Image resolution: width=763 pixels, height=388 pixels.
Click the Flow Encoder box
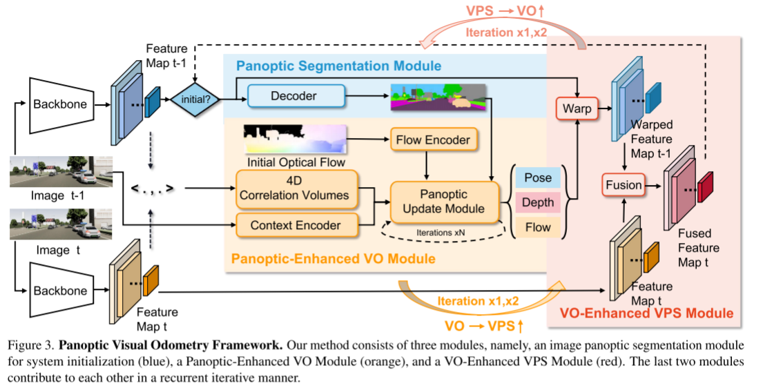tap(433, 139)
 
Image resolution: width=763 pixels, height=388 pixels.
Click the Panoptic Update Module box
tap(444, 202)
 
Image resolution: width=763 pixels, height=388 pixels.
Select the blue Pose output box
tap(537, 177)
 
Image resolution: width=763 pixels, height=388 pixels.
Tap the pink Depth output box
tap(537, 202)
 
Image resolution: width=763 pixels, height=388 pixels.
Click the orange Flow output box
tap(537, 227)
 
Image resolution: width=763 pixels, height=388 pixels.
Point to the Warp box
tap(575, 108)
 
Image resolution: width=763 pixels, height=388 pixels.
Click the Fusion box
tap(624, 185)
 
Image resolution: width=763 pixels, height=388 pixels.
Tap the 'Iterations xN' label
tap(440, 233)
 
